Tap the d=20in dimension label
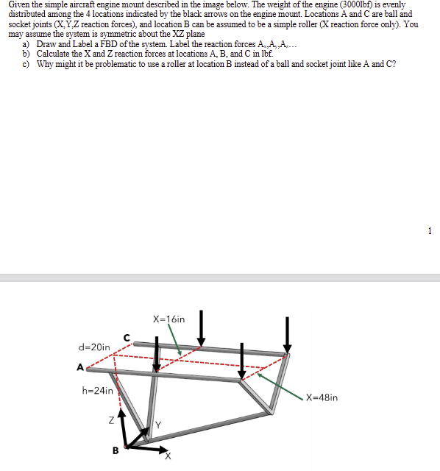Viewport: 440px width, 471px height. click(x=94, y=347)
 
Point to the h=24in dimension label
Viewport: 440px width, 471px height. click(x=97, y=390)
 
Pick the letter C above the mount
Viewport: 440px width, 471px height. click(x=127, y=338)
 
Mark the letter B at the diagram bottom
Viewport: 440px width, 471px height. click(x=115, y=450)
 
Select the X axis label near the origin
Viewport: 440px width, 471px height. click(x=168, y=456)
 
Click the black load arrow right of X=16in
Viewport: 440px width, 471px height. click(x=201, y=328)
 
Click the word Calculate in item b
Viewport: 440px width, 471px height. click(x=54, y=54)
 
